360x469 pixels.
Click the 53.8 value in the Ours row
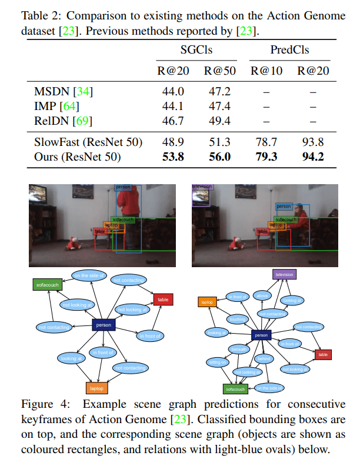click(172, 157)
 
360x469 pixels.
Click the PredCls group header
click(289, 50)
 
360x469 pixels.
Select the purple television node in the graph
click(284, 274)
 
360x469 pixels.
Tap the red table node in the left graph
click(162, 299)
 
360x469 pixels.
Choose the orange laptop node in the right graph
click(206, 302)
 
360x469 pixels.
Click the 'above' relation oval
click(261, 295)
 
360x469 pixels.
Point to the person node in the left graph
click(104, 324)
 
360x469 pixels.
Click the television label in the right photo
click(202, 187)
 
